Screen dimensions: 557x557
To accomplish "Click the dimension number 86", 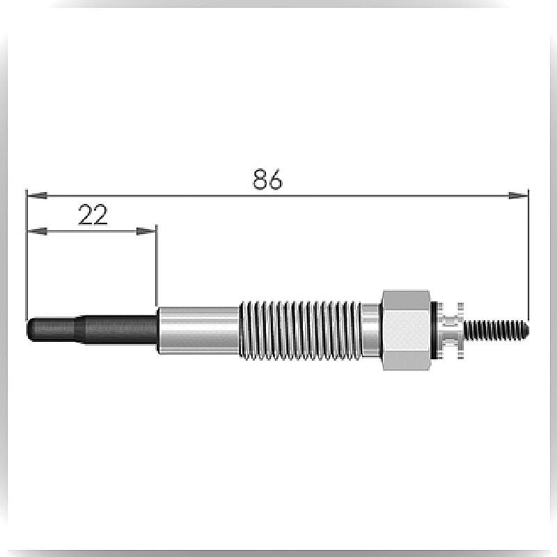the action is pos(267,179).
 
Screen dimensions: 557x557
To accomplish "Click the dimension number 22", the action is pos(93,214).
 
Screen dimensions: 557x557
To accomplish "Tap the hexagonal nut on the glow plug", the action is pos(406,330).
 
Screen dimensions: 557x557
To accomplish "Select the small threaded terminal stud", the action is pos(496,329).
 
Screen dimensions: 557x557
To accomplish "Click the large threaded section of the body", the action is pos(301,330).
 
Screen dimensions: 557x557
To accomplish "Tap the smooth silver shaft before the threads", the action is pos(198,330).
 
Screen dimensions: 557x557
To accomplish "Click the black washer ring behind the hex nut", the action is pos(434,330).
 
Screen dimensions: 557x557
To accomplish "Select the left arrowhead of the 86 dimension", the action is pos(38,195).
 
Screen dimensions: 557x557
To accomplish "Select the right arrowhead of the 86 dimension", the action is pos(518,195).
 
